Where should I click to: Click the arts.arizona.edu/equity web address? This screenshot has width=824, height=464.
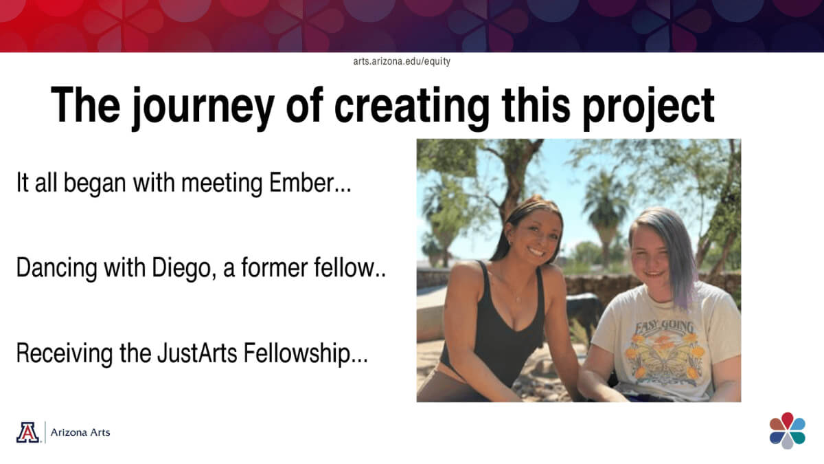tap(402, 61)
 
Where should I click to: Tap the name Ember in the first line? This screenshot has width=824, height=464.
tap(301, 182)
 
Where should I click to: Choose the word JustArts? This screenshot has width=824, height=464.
tap(197, 353)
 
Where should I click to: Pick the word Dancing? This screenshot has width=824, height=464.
tap(56, 268)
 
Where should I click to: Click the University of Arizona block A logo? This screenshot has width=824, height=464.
tap(27, 432)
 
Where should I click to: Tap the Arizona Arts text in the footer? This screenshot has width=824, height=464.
tap(80, 432)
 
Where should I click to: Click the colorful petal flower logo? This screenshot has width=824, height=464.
tap(787, 430)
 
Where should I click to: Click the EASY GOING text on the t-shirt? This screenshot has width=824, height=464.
tap(665, 327)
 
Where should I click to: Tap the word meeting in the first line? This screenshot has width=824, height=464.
tap(222, 183)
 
